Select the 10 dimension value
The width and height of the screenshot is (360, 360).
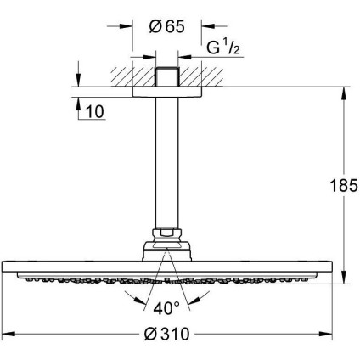pyautogui.click(x=95, y=110)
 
